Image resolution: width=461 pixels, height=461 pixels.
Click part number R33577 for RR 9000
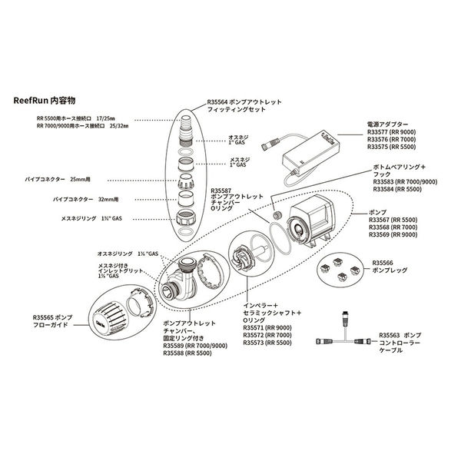(x=380, y=131)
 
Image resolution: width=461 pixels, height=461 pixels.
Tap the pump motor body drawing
(x=304, y=219)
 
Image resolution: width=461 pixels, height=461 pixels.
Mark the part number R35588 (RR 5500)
(x=176, y=353)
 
